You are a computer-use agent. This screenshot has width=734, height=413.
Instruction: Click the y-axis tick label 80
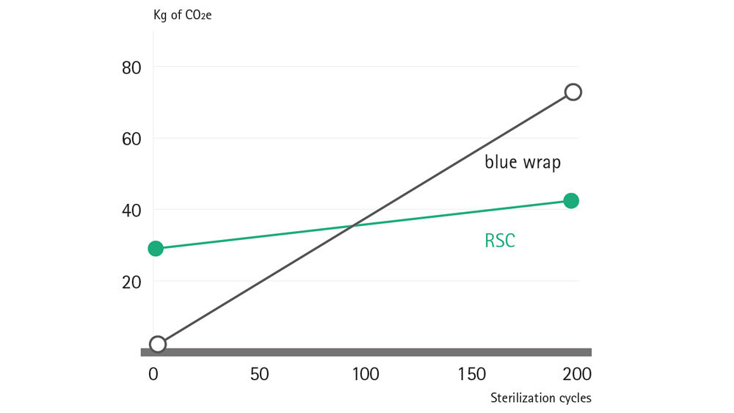click(x=131, y=67)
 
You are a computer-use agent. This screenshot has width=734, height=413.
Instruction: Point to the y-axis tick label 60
click(x=131, y=139)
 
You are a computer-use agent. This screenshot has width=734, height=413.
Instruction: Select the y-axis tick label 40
click(x=131, y=211)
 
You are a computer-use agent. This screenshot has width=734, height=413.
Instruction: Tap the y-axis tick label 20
click(x=131, y=282)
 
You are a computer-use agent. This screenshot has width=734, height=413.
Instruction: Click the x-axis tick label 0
click(x=153, y=374)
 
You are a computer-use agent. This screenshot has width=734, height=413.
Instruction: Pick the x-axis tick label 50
click(x=258, y=374)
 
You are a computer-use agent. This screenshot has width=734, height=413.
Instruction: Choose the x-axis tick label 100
click(x=365, y=374)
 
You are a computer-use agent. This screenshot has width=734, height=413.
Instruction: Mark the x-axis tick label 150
click(x=471, y=374)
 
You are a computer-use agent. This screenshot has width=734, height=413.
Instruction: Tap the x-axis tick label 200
click(x=577, y=374)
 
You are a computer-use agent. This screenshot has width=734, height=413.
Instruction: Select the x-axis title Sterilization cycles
click(x=540, y=398)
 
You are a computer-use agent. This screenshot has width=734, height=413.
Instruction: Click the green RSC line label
click(x=500, y=240)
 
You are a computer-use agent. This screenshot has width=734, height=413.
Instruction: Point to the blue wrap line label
click(x=523, y=162)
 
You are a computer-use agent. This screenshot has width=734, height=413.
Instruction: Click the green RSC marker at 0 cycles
click(x=156, y=249)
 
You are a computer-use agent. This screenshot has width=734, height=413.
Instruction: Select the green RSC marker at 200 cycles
click(x=571, y=201)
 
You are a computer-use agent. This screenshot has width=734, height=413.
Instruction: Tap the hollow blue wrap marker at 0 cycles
click(x=157, y=344)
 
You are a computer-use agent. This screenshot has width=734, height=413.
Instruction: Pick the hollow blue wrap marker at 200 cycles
click(x=573, y=92)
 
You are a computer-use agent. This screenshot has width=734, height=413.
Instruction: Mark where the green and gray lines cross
click(x=354, y=225)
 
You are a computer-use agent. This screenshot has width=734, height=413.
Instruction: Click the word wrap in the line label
click(x=541, y=163)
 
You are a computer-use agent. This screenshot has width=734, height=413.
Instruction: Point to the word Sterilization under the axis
click(x=523, y=398)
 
